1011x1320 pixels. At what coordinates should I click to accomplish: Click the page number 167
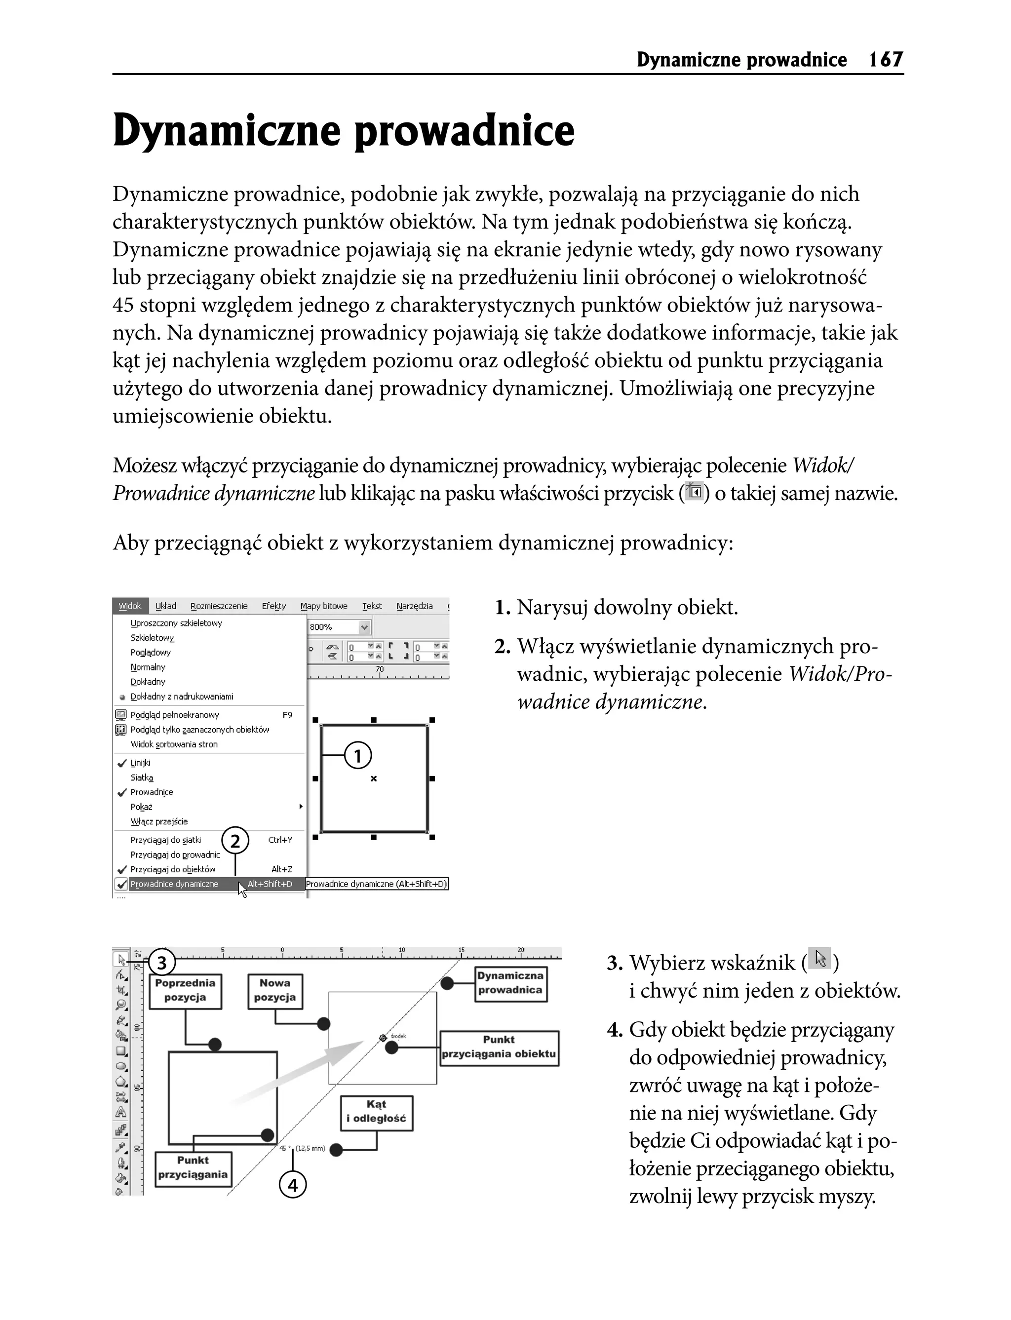pos(886,60)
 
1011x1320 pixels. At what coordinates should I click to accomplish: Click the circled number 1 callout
pos(358,755)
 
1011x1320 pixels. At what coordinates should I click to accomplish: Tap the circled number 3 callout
pos(161,963)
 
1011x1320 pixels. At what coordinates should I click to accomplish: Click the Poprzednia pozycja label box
pos(185,991)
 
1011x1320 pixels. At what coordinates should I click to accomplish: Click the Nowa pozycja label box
pos(275,991)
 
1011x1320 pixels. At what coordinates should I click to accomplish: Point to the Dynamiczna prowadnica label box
pos(511,984)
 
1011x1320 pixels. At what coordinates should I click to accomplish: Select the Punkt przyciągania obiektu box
pos(499,1048)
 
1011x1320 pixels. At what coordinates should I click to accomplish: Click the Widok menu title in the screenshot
pos(130,606)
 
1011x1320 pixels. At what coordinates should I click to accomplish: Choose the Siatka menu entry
pos(142,777)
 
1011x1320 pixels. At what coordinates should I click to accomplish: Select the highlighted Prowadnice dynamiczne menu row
pos(175,884)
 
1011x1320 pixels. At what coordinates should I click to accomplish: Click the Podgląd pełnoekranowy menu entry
pos(175,715)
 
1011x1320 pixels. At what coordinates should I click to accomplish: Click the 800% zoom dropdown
pos(339,627)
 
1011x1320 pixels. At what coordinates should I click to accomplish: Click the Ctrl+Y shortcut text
pos(280,840)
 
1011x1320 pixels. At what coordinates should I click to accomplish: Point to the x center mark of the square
pos(374,778)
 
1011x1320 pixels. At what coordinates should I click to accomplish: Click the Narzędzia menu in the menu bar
pos(414,606)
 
